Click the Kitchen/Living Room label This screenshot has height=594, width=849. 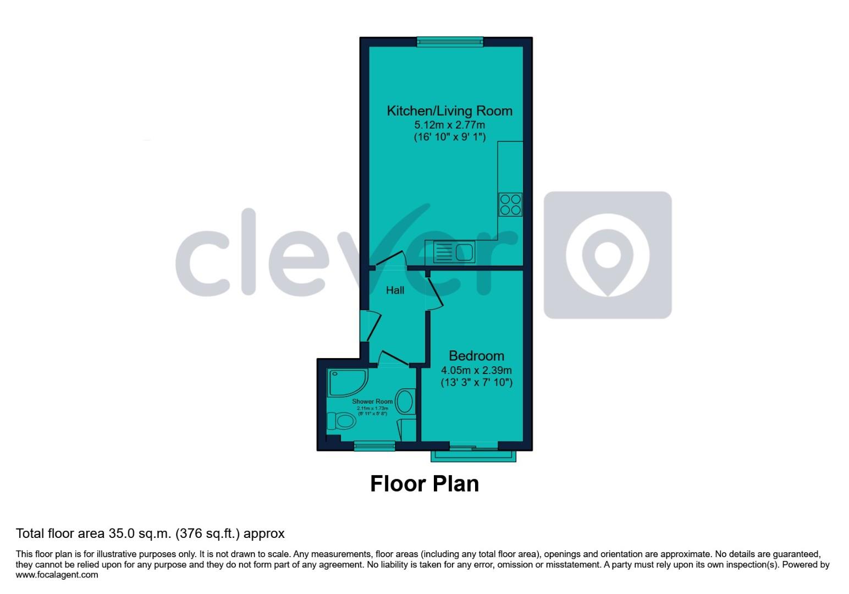[x=449, y=111]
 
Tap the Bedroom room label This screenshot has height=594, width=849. [x=476, y=355]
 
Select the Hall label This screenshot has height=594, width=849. [x=395, y=290]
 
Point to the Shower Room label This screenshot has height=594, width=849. [x=372, y=402]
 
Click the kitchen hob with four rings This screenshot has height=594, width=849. [x=510, y=204]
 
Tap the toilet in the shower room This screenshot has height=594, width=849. [x=341, y=422]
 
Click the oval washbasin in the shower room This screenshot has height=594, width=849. [x=405, y=402]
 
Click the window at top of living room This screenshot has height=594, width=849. [x=450, y=41]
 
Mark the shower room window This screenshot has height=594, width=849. [x=374, y=446]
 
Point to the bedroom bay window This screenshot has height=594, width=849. [x=473, y=454]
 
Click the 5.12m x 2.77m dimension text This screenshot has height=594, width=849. [x=449, y=125]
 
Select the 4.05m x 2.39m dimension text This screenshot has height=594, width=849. [x=476, y=370]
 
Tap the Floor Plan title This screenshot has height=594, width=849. [x=424, y=483]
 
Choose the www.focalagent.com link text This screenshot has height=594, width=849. [x=57, y=575]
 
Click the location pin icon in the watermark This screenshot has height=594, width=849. [x=608, y=255]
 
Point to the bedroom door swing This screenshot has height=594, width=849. [x=434, y=291]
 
